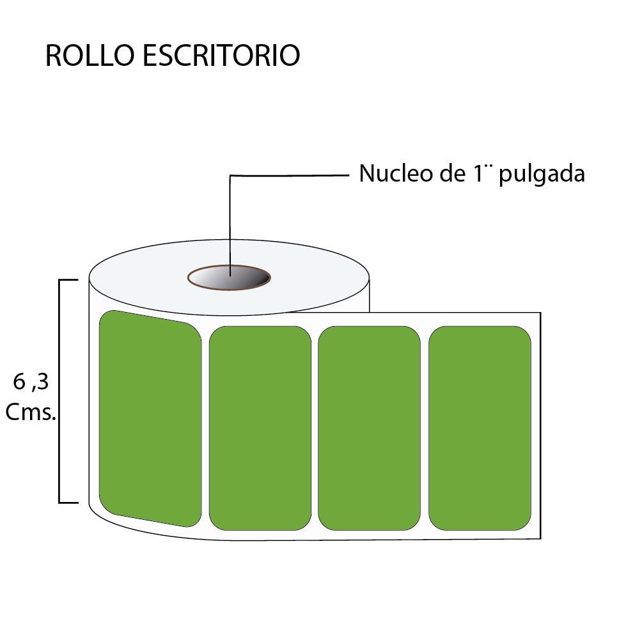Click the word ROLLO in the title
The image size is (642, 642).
pyautogui.click(x=90, y=56)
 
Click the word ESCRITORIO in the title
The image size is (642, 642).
pyautogui.click(x=221, y=56)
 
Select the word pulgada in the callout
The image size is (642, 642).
pyautogui.click(x=542, y=174)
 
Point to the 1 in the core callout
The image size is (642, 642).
pyautogui.click(x=476, y=173)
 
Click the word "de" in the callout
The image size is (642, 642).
pyautogui.click(x=448, y=173)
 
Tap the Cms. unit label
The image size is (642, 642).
pyautogui.click(x=31, y=413)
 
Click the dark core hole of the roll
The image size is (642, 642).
pyautogui.click(x=229, y=278)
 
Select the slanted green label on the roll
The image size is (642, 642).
pyautogui.click(x=150, y=418)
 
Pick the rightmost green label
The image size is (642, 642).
pyautogui.click(x=480, y=428)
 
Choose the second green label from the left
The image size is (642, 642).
pyautogui.click(x=260, y=428)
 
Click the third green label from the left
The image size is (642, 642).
pyautogui.click(x=369, y=428)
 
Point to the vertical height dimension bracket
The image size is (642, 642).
pyautogui.click(x=59, y=391)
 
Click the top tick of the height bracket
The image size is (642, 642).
pyautogui.click(x=69, y=280)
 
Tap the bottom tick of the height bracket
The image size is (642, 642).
pyautogui.click(x=69, y=502)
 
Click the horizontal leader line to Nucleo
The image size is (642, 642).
pyautogui.click(x=288, y=175)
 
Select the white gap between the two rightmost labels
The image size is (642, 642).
pyautogui.click(x=425, y=428)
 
